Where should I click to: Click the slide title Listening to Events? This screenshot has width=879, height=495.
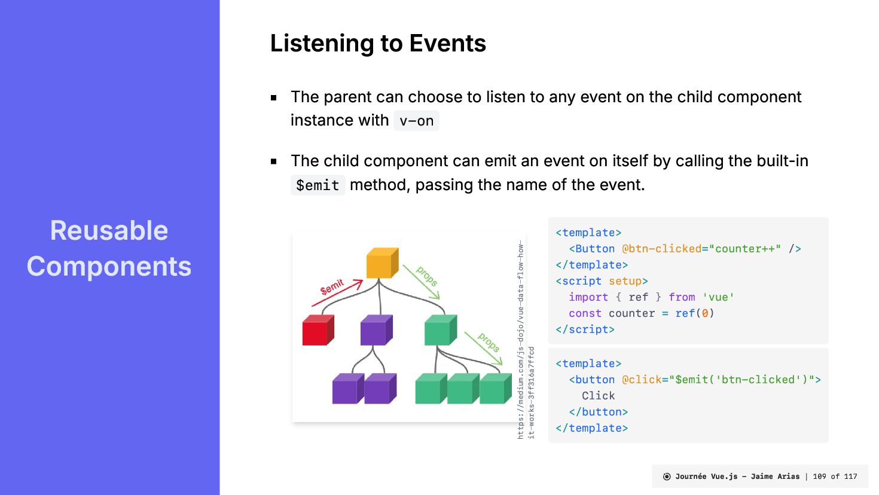[378, 44]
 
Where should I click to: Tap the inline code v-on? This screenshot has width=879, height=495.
[416, 121]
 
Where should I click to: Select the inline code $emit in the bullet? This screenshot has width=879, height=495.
[318, 185]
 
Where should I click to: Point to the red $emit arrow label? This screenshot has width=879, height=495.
[332, 287]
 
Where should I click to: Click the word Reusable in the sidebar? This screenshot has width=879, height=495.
[109, 231]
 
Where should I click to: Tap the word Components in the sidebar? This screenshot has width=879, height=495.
[109, 267]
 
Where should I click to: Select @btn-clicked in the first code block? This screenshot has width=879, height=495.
[661, 249]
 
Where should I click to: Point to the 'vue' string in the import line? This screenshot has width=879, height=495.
[718, 297]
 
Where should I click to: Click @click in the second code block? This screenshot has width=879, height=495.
[642, 380]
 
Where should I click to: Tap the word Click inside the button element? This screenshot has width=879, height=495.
[598, 396]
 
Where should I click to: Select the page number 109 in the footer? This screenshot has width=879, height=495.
[819, 476]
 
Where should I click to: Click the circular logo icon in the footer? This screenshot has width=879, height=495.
[667, 476]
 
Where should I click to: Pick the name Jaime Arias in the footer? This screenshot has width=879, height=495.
[775, 476]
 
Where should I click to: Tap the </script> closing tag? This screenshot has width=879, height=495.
[585, 329]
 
